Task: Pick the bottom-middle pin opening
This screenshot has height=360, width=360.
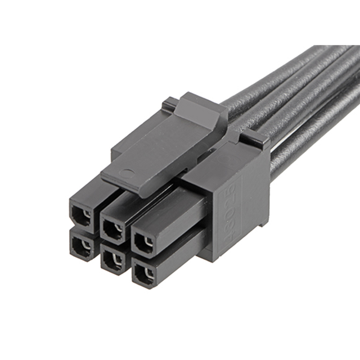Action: point(112,259)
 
